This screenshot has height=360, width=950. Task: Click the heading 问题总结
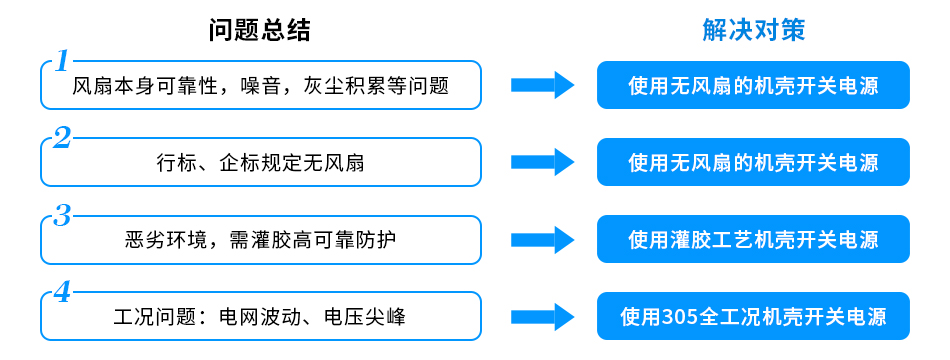(x=260, y=30)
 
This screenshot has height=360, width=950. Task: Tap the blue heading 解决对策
(x=753, y=30)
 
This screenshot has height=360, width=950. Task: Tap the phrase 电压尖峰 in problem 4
(x=365, y=317)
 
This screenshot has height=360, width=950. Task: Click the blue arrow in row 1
(x=543, y=85)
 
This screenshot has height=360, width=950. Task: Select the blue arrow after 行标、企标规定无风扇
(x=543, y=162)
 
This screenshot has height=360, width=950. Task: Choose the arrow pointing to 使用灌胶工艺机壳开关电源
(x=543, y=240)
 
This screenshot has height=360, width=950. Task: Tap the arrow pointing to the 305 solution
(x=543, y=317)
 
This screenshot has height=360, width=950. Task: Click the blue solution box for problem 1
(x=753, y=85)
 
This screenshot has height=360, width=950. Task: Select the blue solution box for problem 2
(x=753, y=162)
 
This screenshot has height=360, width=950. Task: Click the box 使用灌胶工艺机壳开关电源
(x=753, y=240)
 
